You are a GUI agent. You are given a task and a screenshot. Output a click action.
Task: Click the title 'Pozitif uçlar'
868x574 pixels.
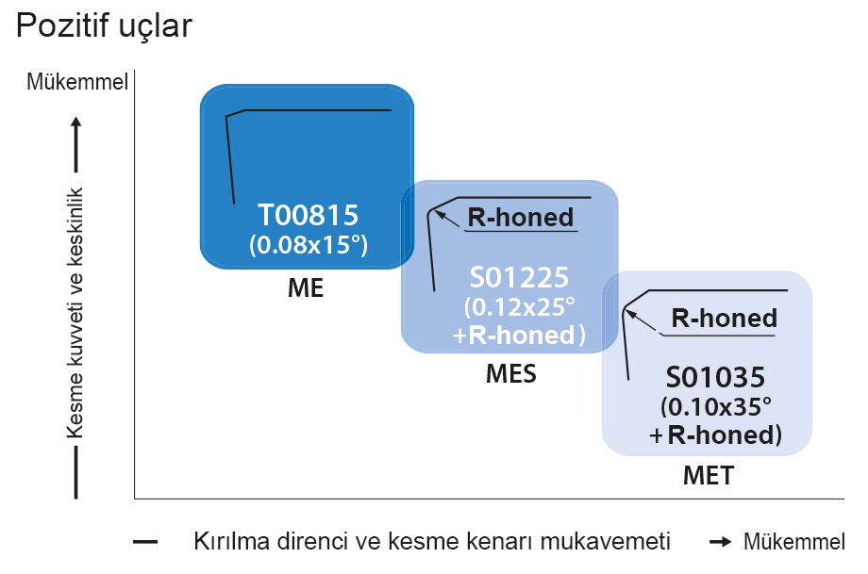[x=104, y=25]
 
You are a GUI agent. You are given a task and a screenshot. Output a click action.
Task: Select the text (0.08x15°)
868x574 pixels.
[x=308, y=245]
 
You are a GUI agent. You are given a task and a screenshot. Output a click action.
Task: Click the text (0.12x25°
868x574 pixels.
[x=520, y=307]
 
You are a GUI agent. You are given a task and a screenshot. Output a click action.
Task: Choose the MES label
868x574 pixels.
[x=510, y=374]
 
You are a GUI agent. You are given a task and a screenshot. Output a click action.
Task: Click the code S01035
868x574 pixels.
[x=715, y=376]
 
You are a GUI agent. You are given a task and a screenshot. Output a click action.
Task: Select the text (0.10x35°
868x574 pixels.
[x=716, y=406]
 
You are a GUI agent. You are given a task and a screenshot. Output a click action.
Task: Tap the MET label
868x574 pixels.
[x=708, y=475]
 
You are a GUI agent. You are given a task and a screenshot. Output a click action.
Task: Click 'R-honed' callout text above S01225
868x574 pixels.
[x=521, y=218]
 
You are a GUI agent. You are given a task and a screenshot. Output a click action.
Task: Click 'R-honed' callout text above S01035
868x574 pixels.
[x=724, y=319]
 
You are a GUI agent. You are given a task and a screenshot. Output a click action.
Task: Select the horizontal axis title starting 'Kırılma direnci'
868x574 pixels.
[x=432, y=542]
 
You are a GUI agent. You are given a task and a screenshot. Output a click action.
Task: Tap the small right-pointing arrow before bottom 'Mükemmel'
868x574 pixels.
[x=722, y=542]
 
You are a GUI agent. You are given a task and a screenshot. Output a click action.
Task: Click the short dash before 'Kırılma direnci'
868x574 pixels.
[x=145, y=542]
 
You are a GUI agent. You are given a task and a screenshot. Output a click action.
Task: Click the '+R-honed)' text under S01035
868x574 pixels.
[x=716, y=435]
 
